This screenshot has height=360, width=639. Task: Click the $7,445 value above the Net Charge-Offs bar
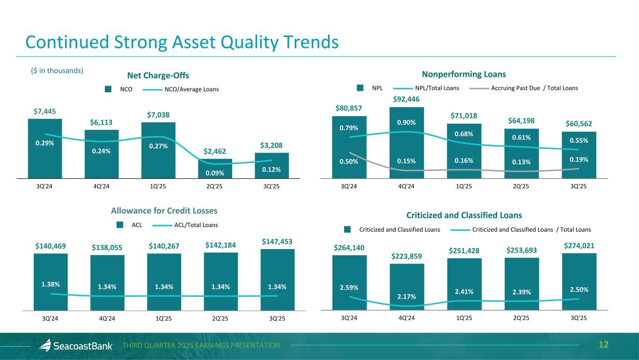point(44,111)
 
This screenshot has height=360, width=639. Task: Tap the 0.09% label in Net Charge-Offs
point(215,172)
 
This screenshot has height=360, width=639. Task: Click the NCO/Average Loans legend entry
point(191,89)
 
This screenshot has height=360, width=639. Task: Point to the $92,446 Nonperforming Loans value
point(406,99)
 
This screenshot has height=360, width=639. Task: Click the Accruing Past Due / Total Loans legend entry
point(534,88)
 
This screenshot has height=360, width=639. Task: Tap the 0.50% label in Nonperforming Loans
point(349,162)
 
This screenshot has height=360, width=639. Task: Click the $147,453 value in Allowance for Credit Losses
point(278,242)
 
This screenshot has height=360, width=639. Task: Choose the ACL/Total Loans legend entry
point(196,225)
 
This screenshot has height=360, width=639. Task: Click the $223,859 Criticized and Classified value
point(406,256)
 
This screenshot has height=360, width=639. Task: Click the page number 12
point(603,345)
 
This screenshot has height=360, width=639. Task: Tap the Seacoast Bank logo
point(76,345)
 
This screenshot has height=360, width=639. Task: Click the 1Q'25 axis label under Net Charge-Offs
point(158,186)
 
